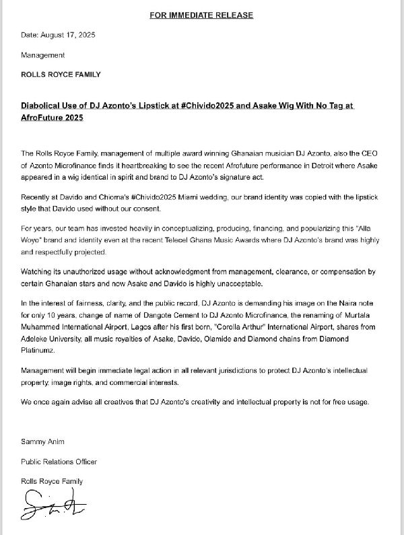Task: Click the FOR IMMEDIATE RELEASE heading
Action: pyautogui.click(x=202, y=14)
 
